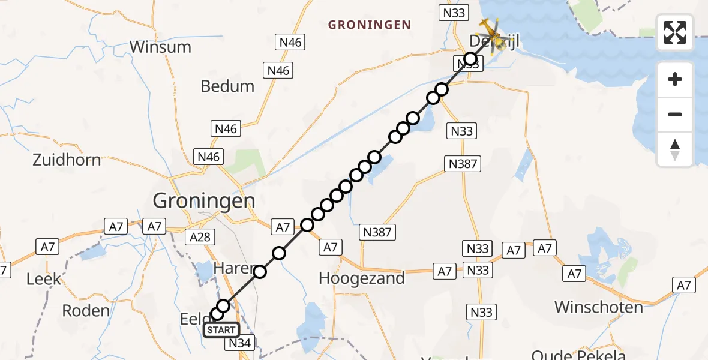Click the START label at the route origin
click(221, 329)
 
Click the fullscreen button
click(675, 32)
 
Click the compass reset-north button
click(675, 150)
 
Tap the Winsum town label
click(160, 47)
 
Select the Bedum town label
click(227, 86)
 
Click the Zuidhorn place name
click(67, 160)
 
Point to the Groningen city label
click(204, 200)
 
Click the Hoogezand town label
click(362, 278)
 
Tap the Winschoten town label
click(598, 307)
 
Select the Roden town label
click(86, 310)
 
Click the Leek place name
click(44, 279)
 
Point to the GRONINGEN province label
click(370, 25)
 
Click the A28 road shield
click(199, 237)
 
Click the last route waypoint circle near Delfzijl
click(471, 59)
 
